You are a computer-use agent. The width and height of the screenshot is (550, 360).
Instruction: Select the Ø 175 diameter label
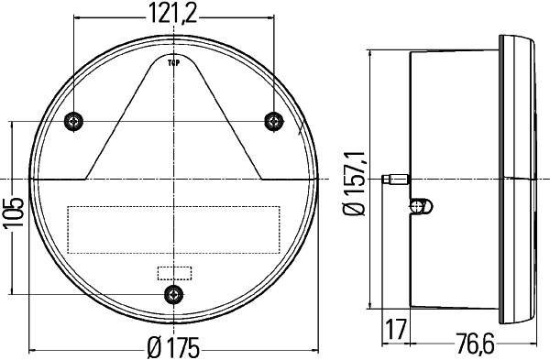pyautogui.click(x=173, y=348)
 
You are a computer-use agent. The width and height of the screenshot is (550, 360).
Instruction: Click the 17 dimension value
pyautogui.click(x=396, y=326)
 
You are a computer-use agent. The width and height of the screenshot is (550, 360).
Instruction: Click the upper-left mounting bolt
pyautogui.click(x=74, y=122)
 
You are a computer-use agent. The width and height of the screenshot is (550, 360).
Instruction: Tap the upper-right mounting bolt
pyautogui.click(x=272, y=122)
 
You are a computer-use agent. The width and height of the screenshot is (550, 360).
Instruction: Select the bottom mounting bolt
pyautogui.click(x=172, y=293)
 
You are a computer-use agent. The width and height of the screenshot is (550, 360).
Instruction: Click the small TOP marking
pyautogui.click(x=173, y=62)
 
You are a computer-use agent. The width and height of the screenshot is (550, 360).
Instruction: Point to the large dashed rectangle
pyautogui.click(x=172, y=229)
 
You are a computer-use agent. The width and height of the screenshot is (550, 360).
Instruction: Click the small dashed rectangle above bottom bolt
pyautogui.click(x=173, y=272)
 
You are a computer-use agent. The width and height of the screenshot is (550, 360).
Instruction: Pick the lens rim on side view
pyautogui.click(x=522, y=178)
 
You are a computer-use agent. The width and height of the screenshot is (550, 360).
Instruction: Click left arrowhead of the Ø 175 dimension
pyautogui.click(x=34, y=349)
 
